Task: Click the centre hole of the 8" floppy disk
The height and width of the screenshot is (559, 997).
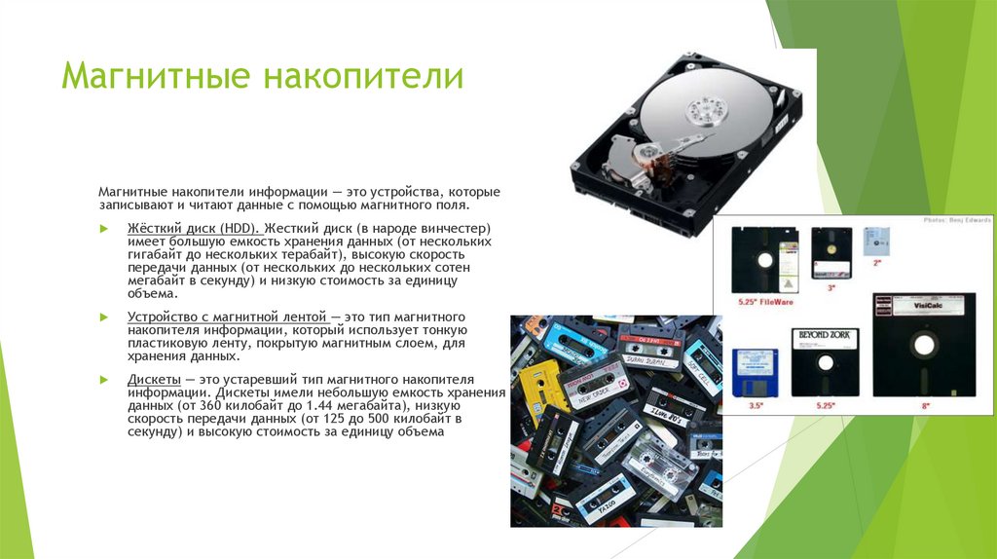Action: tap(924, 343)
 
